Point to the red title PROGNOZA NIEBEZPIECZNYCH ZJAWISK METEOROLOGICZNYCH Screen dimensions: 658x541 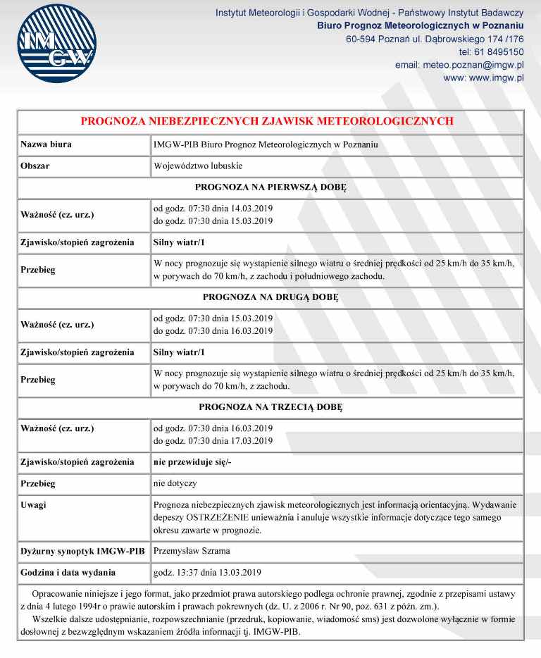(x=267, y=121)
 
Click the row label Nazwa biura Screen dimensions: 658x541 (x=46, y=144)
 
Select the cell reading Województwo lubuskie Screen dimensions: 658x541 (x=198, y=167)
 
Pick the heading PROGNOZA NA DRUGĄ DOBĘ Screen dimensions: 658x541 (x=270, y=297)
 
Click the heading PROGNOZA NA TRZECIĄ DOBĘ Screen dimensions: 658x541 (x=270, y=406)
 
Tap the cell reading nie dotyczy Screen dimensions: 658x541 (x=175, y=485)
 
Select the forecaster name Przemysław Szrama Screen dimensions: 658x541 (x=191, y=550)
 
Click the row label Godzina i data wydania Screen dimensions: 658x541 (x=68, y=572)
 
